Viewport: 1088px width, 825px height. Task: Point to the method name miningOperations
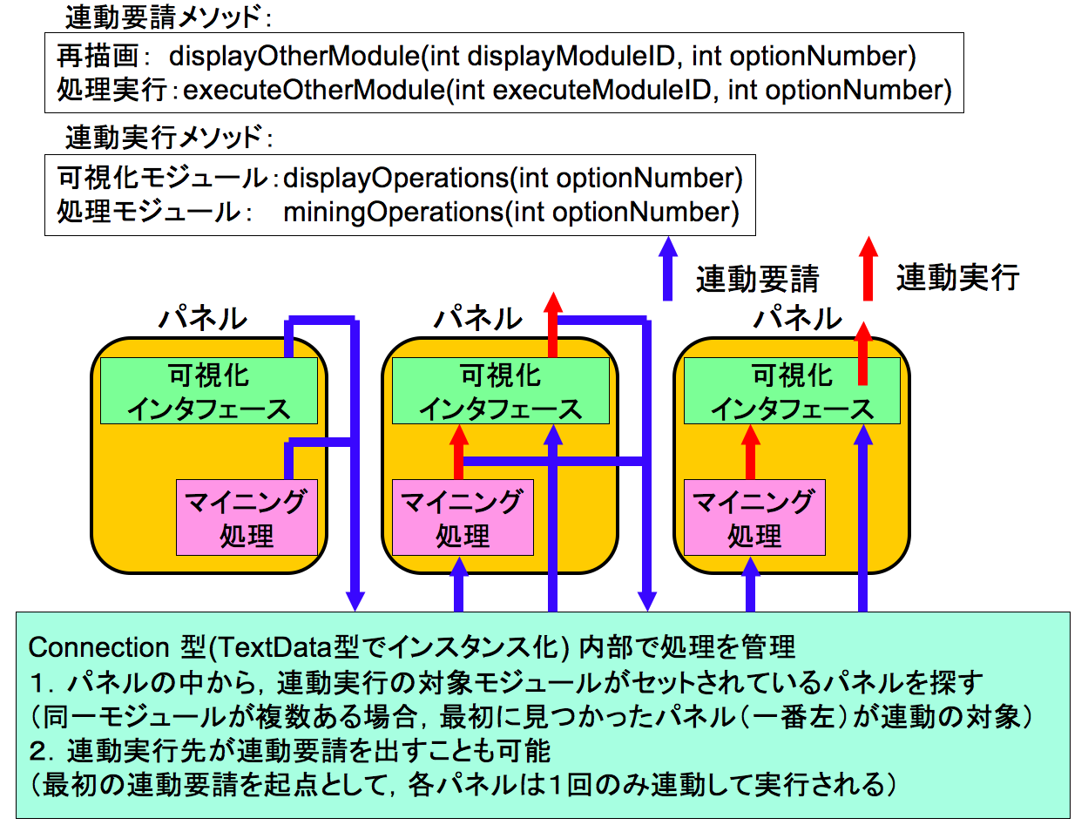pos(393,212)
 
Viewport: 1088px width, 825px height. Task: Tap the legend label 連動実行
pos(957,278)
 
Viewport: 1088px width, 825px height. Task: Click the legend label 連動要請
pos(757,279)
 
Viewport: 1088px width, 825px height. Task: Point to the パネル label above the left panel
pos(202,318)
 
